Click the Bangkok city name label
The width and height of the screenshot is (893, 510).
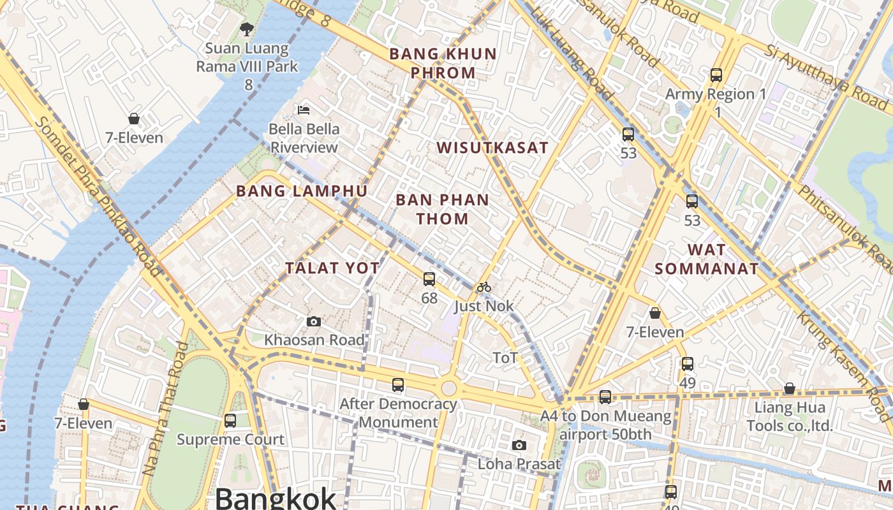[275, 498]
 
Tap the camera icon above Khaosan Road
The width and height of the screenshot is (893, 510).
[314, 321]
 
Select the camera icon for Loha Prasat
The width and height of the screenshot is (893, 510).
[519, 445]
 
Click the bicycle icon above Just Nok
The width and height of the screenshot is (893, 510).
[484, 287]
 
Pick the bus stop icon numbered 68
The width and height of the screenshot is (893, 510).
[429, 279]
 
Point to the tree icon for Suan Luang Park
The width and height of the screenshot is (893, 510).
[247, 29]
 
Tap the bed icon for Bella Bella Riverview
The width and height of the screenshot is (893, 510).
[304, 110]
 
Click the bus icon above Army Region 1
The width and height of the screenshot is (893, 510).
[716, 75]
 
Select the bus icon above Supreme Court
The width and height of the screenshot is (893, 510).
[230, 421]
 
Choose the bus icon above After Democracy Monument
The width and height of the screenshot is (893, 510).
[398, 385]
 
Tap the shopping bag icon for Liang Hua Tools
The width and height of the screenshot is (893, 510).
[789, 388]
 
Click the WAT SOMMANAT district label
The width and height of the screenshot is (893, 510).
[707, 259]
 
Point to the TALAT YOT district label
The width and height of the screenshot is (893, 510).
[332, 268]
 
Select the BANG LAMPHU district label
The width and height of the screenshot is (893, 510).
[302, 191]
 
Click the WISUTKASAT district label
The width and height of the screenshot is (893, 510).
[492, 148]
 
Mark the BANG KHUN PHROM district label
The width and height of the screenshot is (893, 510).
[443, 62]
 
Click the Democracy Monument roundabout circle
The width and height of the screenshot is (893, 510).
[449, 388]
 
